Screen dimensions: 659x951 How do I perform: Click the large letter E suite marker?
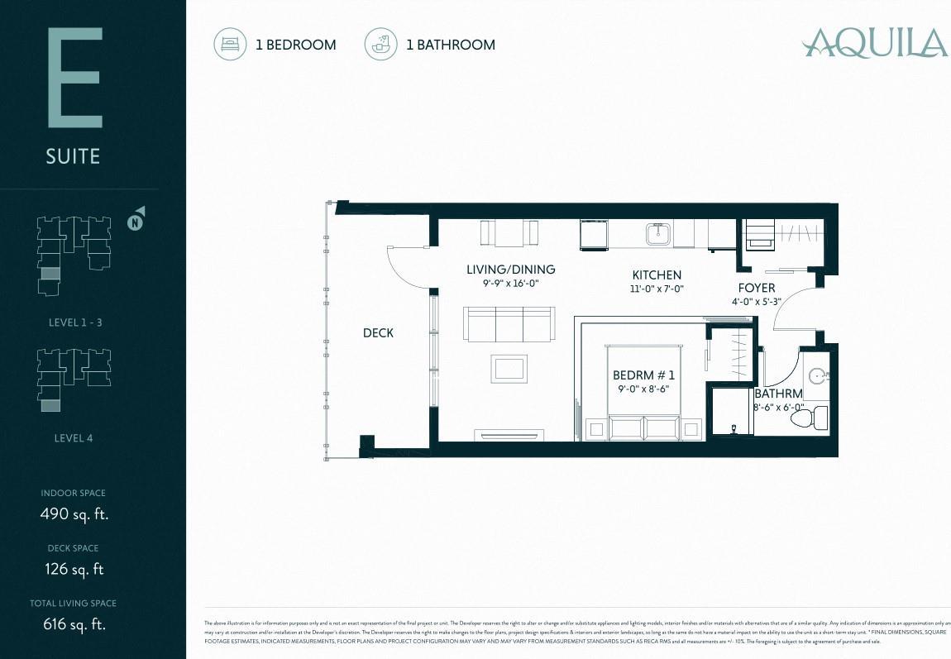point(74,78)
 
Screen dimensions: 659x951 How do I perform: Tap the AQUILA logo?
point(875,43)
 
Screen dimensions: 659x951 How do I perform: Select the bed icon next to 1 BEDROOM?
point(230,45)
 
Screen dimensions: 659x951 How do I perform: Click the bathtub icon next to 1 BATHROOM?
point(380,45)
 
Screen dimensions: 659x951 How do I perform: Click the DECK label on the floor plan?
point(378,333)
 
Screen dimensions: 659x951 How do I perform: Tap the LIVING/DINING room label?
point(510,270)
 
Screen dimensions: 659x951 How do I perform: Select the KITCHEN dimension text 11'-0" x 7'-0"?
point(657,289)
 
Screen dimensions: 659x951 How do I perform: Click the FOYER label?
point(757,288)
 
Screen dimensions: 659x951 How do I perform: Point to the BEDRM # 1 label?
point(643,375)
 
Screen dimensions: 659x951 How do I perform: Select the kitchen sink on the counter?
point(659,235)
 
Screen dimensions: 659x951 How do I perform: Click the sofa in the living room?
point(509,324)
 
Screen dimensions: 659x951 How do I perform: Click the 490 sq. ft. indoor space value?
point(74,513)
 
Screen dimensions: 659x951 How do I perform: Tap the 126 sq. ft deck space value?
point(74,569)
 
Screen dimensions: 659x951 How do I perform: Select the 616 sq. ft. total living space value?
point(74,624)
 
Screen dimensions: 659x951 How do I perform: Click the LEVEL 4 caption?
point(73,438)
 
